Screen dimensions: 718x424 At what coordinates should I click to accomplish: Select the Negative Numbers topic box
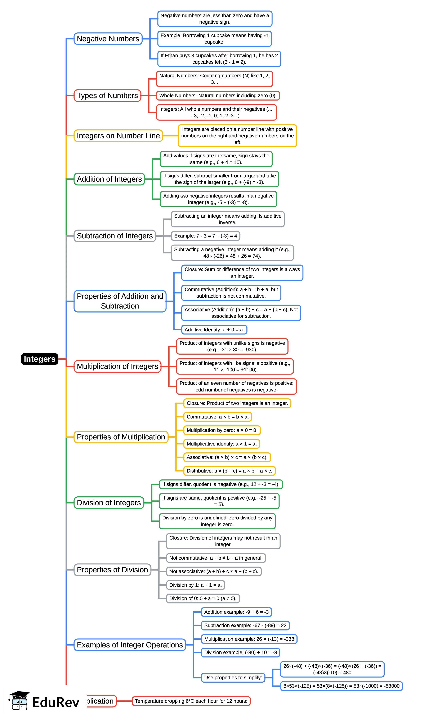108,39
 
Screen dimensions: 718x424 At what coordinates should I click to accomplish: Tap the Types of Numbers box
107,96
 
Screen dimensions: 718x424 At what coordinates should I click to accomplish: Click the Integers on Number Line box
118,136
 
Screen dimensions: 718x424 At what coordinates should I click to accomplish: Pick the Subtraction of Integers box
115,236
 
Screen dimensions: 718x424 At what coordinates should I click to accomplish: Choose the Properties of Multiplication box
121,437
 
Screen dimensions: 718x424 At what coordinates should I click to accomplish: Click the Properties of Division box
112,570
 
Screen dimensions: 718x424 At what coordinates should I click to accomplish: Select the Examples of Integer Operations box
130,645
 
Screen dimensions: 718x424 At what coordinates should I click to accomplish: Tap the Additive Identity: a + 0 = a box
214,330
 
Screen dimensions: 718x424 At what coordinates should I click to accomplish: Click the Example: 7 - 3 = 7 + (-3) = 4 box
205,236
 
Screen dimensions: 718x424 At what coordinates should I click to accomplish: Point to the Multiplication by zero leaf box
222,430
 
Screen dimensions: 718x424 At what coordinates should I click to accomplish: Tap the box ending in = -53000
342,686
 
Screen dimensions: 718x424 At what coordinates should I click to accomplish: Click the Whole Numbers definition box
218,96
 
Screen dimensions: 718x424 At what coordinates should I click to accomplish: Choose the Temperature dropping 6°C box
191,701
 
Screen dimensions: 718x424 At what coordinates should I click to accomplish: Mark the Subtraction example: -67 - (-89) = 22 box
245,625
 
